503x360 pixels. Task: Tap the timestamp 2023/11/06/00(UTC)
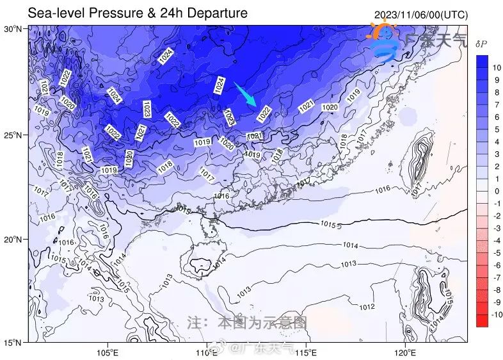pyautogui.click(x=420, y=14)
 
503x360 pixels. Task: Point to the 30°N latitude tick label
pyautogui.click(x=14, y=29)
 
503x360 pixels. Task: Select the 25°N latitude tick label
pyautogui.click(x=14, y=136)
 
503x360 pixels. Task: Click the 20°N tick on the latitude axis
pyautogui.click(x=14, y=240)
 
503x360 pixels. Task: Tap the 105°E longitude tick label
pyautogui.click(x=107, y=352)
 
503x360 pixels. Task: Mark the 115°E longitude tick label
pyautogui.click(x=305, y=352)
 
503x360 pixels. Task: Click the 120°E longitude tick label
pyautogui.click(x=404, y=352)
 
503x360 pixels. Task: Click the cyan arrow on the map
pyautogui.click(x=245, y=94)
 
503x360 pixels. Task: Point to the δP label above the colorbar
pyautogui.click(x=481, y=44)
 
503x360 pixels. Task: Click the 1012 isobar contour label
pyautogui.click(x=367, y=307)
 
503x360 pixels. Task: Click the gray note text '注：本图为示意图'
pyautogui.click(x=246, y=322)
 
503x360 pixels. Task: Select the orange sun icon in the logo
pyautogui.click(x=382, y=33)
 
